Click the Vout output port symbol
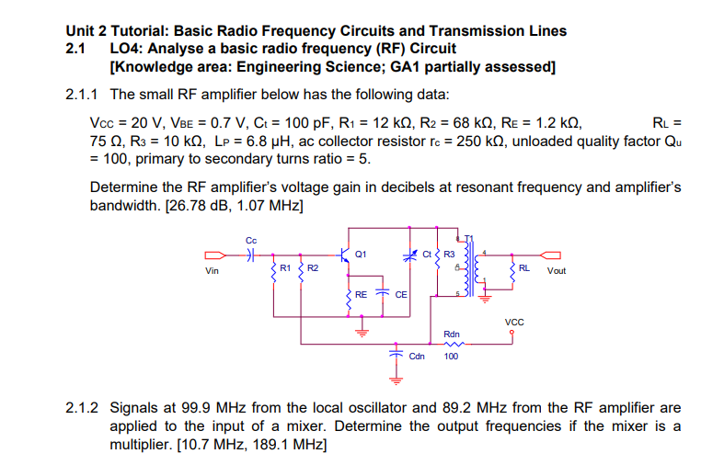pyautogui.click(x=550, y=255)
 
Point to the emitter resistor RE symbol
pyautogui.click(x=348, y=296)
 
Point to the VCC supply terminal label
pyautogui.click(x=514, y=322)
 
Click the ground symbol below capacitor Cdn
pyautogui.click(x=396, y=378)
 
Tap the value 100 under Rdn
pyautogui.click(x=451, y=357)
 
